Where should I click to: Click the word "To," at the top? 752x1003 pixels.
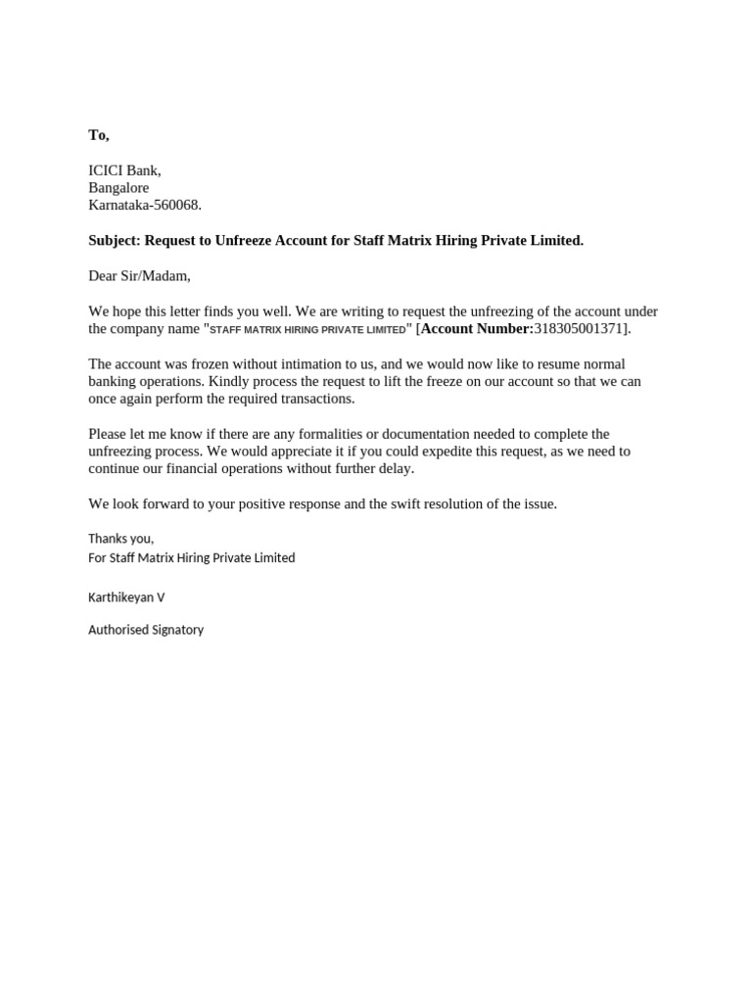coord(99,135)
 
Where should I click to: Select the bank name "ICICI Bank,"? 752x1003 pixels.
coord(124,170)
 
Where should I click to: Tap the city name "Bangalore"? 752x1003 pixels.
coord(118,188)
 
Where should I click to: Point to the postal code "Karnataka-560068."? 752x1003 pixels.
coord(145,206)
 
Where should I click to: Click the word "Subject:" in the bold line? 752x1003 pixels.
coord(115,241)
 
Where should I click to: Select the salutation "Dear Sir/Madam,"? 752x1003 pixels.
coord(139,276)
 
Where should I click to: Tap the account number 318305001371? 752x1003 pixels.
coord(578,329)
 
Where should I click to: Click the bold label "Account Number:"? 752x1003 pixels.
coord(477,329)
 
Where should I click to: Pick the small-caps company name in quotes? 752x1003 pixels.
coord(307,330)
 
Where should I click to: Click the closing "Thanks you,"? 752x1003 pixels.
coord(120,539)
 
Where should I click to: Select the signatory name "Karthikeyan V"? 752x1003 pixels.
coord(126,597)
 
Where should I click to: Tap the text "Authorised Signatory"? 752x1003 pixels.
coord(146,631)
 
